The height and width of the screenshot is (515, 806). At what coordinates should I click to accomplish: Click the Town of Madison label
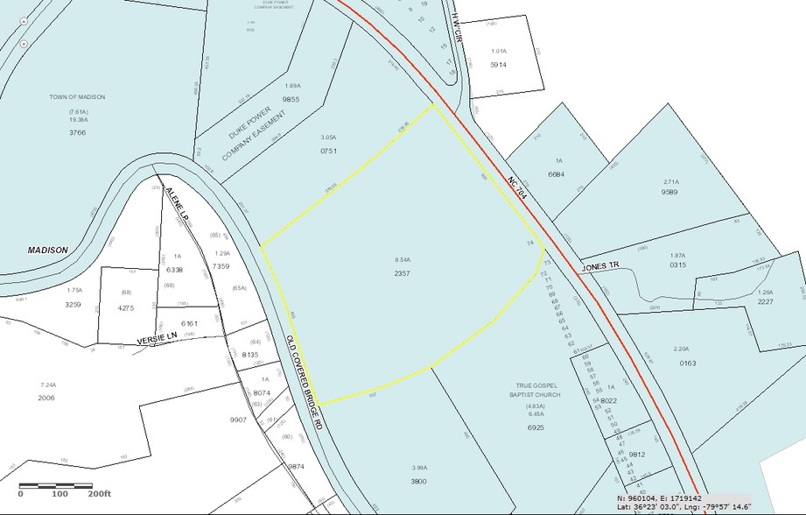tap(77, 97)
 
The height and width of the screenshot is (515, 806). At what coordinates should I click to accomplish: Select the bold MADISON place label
tap(47, 250)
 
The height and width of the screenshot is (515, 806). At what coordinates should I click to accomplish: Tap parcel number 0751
tap(328, 151)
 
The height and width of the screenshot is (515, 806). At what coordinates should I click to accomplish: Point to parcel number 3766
tap(77, 133)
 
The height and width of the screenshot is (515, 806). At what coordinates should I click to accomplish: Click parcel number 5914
tap(499, 65)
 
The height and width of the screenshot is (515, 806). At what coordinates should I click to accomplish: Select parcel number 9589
tap(670, 191)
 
